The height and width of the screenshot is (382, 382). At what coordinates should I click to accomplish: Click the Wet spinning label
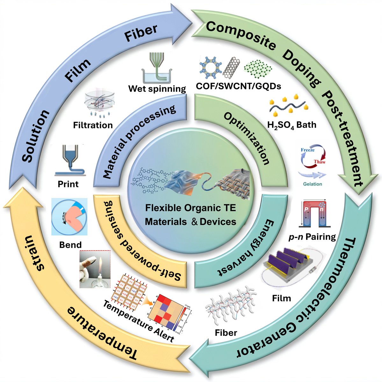coord(157,88)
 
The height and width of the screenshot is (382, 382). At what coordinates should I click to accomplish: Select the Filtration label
coord(93,125)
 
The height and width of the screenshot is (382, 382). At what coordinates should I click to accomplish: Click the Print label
coord(68,184)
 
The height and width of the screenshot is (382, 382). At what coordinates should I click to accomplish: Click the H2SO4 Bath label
coord(292,124)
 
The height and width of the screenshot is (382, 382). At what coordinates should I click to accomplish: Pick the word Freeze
coord(307,150)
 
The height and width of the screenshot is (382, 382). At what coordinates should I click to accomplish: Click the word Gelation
coord(312,184)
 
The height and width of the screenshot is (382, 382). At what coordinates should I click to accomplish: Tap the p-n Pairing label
coord(315,237)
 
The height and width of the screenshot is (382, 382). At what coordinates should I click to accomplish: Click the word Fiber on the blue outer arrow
coord(141,33)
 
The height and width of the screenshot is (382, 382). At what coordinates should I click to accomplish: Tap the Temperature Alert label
coord(138,321)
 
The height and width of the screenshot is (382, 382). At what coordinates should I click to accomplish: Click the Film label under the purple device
coord(282,298)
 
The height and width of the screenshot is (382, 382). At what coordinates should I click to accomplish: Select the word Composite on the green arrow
coord(241,35)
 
